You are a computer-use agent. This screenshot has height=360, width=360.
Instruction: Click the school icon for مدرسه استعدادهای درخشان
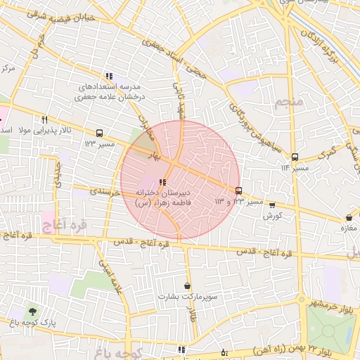click(x=108, y=76)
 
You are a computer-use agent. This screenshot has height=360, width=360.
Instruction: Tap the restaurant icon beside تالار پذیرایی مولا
click(x=44, y=120)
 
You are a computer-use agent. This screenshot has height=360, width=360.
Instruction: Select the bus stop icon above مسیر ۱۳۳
click(x=98, y=133)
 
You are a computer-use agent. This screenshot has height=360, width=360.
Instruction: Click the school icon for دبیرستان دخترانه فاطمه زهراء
click(x=163, y=182)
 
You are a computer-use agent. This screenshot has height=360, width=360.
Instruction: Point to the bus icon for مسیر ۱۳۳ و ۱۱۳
click(x=238, y=191)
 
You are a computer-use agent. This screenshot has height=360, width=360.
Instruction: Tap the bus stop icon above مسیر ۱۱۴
click(x=295, y=157)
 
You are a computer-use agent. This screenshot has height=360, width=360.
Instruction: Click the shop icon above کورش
click(x=272, y=205)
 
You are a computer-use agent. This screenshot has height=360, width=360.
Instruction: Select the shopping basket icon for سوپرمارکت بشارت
click(x=187, y=285)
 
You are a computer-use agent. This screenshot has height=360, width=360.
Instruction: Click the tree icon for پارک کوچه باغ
click(x=32, y=311)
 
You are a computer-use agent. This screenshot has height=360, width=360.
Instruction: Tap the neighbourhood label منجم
click(x=290, y=103)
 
